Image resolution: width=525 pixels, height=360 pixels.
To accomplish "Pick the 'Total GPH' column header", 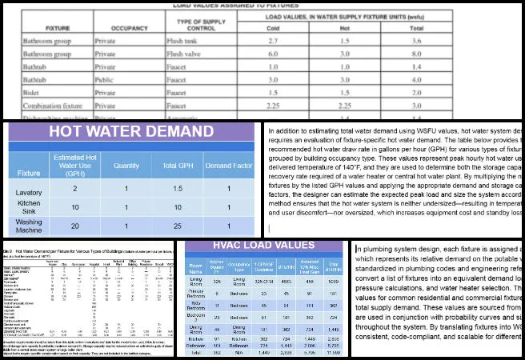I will (176, 166).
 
